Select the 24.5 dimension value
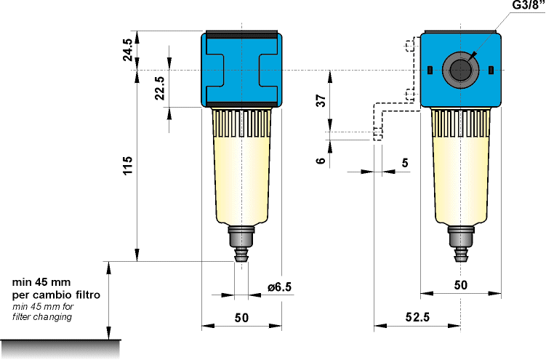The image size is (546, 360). (x=128, y=50)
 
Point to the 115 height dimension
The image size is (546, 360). (x=128, y=169)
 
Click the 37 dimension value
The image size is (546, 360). (x=320, y=101)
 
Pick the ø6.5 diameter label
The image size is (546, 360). (x=278, y=287)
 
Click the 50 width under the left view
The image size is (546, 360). (x=241, y=317)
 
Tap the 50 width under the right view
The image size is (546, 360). (x=460, y=286)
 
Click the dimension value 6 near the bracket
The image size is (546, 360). (x=320, y=161)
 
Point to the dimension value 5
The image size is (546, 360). (x=405, y=163)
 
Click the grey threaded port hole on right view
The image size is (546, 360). (x=460, y=70)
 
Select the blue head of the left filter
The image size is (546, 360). (x=241, y=70)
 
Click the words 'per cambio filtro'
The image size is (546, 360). (x=55, y=295)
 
